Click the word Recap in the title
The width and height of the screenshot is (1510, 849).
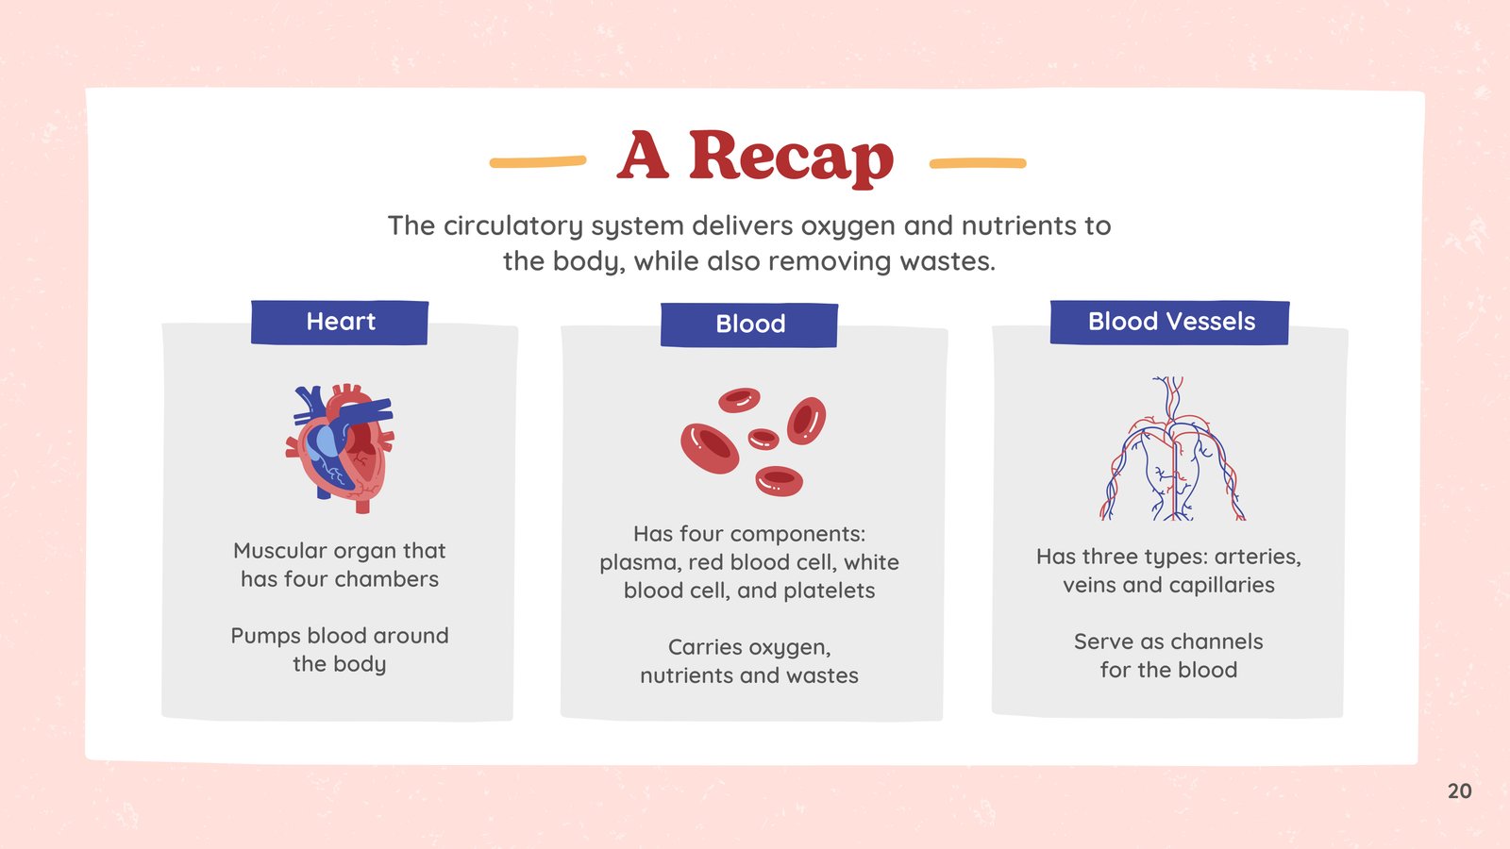(x=791, y=158)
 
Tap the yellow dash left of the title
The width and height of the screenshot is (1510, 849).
(x=537, y=161)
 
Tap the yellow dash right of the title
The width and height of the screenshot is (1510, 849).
(x=978, y=163)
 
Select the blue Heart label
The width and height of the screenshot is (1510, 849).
(x=340, y=322)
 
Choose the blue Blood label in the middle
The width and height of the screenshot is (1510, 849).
(x=749, y=325)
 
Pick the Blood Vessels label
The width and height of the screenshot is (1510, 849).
(x=1169, y=322)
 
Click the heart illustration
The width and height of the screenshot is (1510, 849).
(x=340, y=448)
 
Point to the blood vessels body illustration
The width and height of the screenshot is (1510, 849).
(x=1173, y=448)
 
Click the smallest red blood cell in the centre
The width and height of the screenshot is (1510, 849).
(x=763, y=440)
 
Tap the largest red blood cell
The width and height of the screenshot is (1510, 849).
(x=710, y=448)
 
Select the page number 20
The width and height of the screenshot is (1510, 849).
(x=1459, y=791)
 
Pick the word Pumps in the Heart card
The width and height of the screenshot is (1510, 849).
(x=265, y=637)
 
